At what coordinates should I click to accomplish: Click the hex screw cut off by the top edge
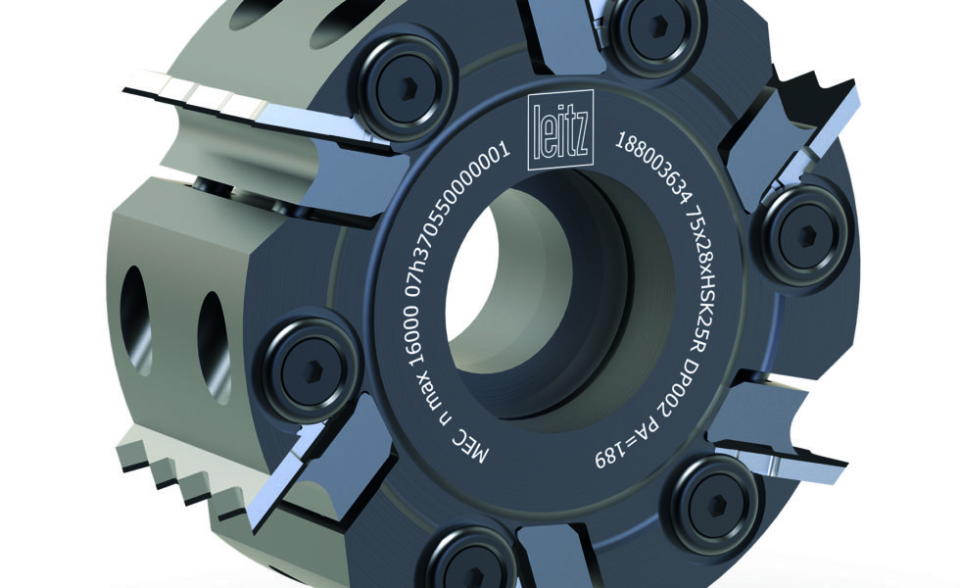[x=654, y=25]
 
